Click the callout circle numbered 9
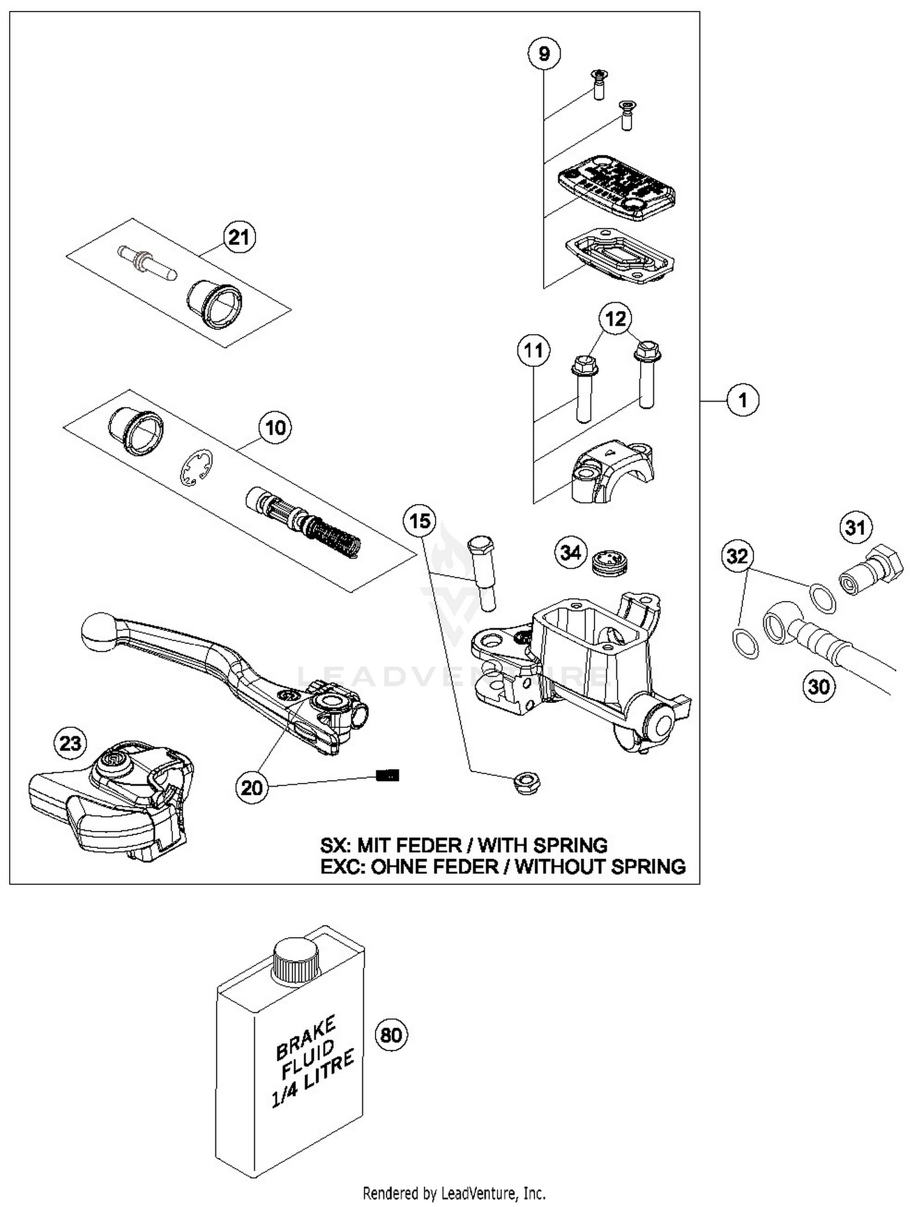(544, 53)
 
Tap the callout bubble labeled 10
(275, 428)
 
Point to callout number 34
(570, 553)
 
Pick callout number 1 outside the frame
(743, 400)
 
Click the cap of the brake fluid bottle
(295, 961)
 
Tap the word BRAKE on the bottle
(305, 1038)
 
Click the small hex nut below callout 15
(527, 783)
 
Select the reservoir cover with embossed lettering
(616, 187)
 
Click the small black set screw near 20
(388, 775)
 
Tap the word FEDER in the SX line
(426, 846)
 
